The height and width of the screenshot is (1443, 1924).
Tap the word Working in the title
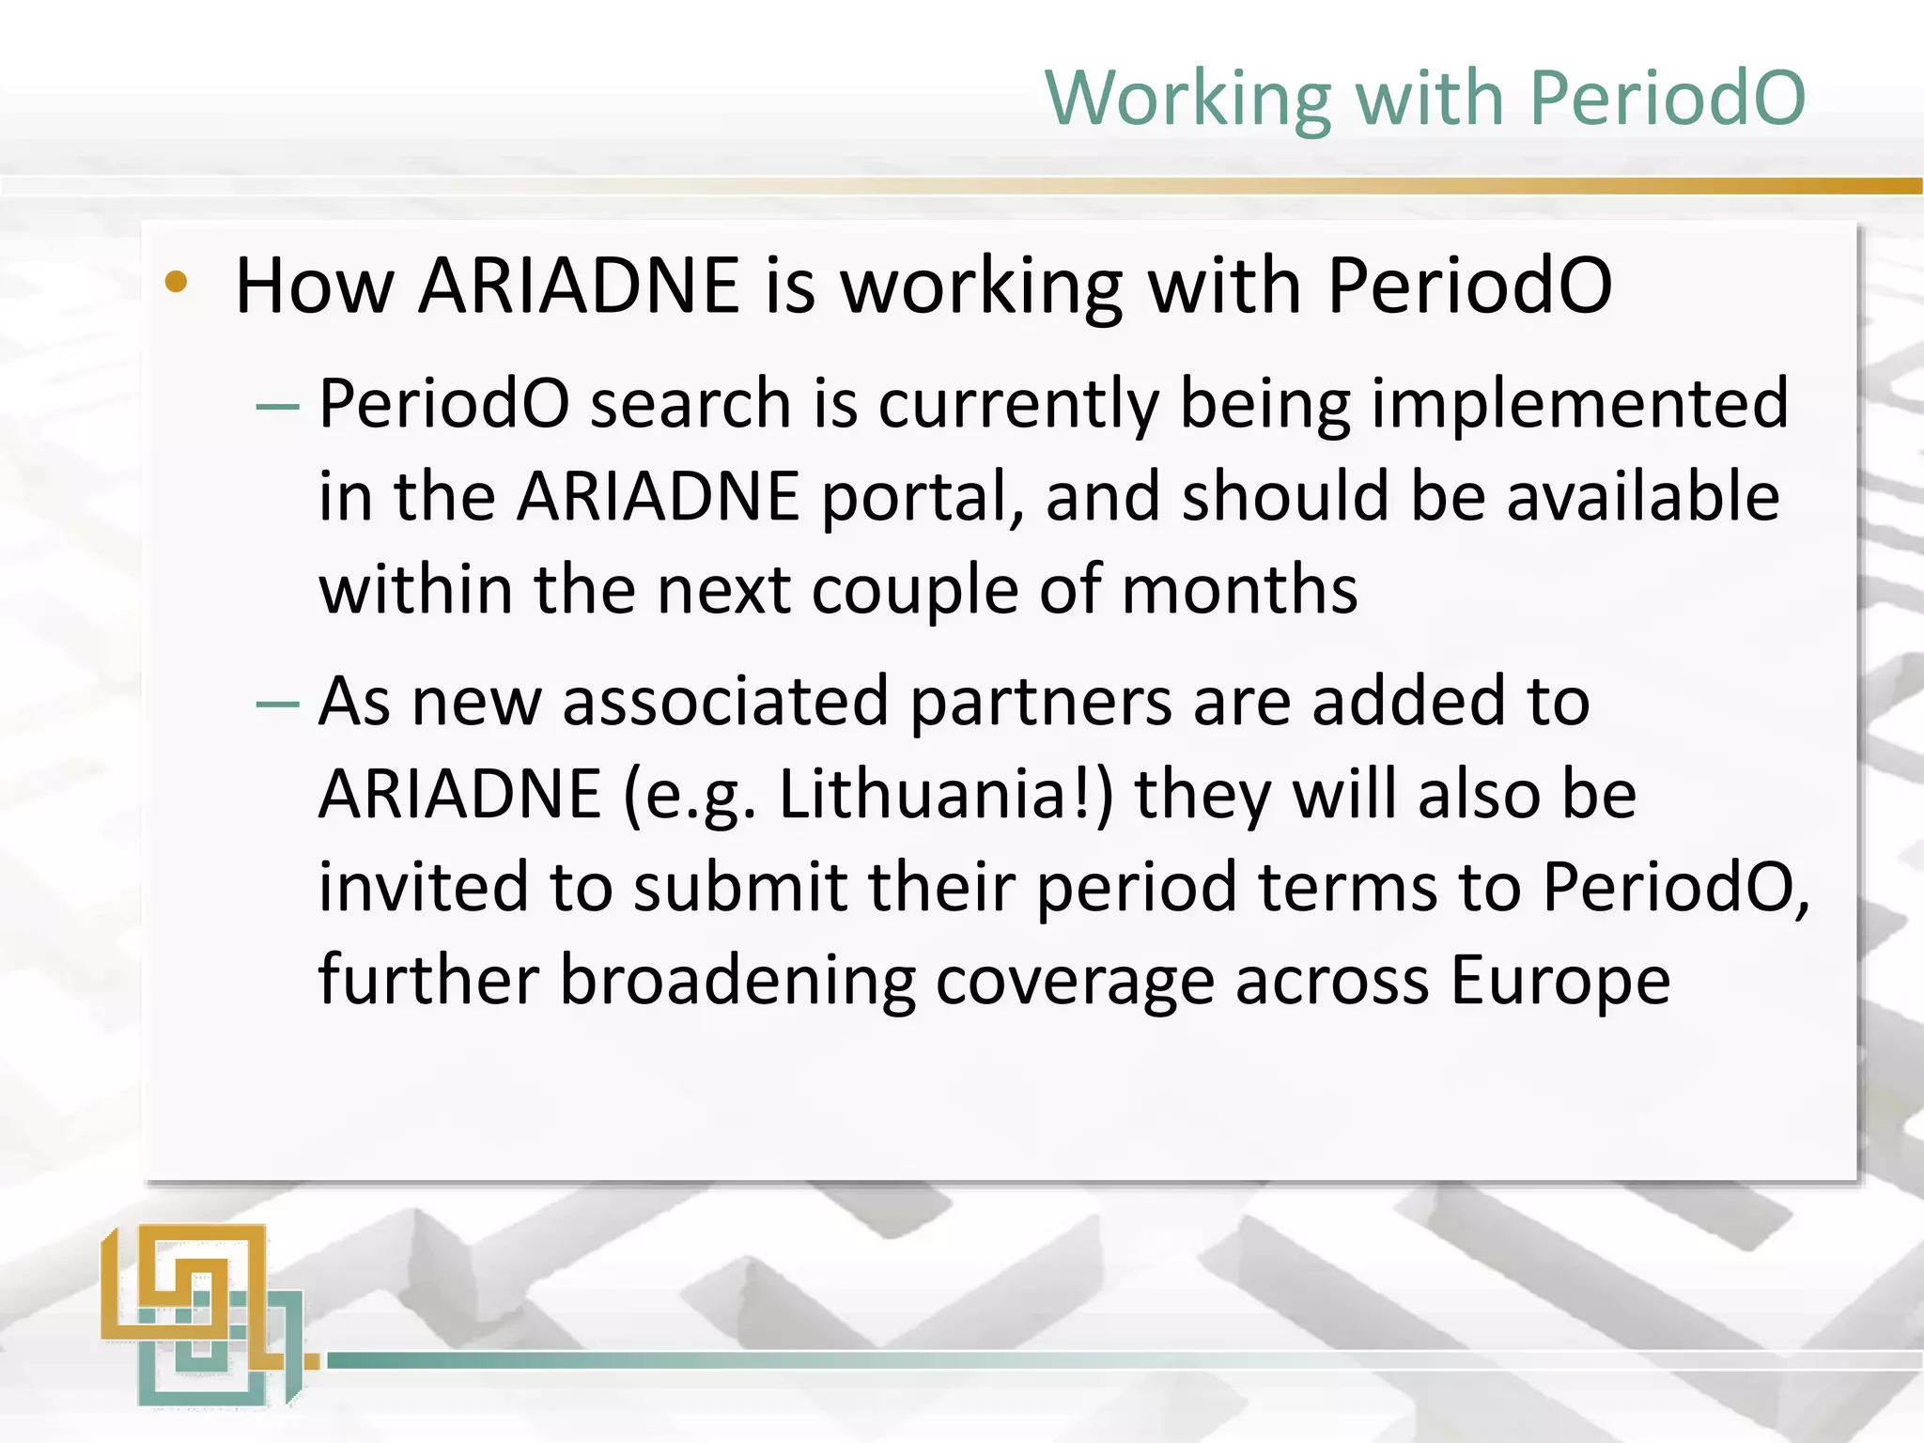tap(1187, 100)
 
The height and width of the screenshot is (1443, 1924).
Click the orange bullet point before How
tap(176, 282)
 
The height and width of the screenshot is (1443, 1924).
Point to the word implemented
tap(1579, 404)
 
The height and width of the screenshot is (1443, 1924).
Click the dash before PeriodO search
tap(277, 408)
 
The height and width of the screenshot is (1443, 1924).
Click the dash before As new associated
tap(277, 705)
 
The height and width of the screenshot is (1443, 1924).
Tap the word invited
tap(423, 887)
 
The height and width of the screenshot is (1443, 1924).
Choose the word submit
tap(740, 887)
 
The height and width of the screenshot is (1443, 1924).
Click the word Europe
tap(1559, 981)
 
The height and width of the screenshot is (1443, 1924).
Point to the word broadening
tap(737, 981)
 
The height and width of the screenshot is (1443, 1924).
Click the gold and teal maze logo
tap(203, 1315)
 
